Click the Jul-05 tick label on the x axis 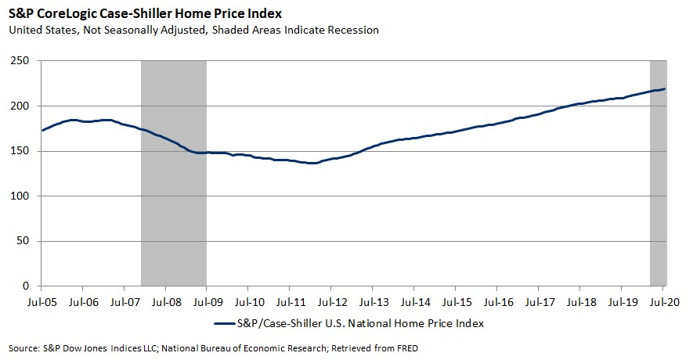pos(42,299)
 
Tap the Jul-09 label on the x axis pos(207,299)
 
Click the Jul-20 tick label pos(662,299)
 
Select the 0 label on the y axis pos(26,286)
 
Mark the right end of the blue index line pos(666,89)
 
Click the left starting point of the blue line pos(42,130)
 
